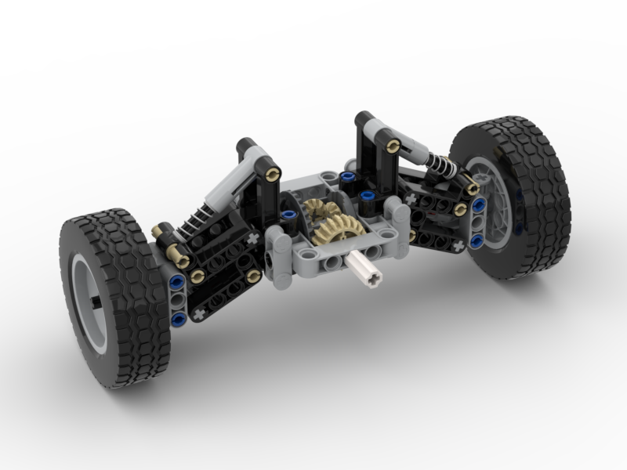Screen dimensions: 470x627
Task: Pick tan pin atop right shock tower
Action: (394, 145)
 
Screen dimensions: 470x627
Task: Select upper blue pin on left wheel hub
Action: (177, 281)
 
